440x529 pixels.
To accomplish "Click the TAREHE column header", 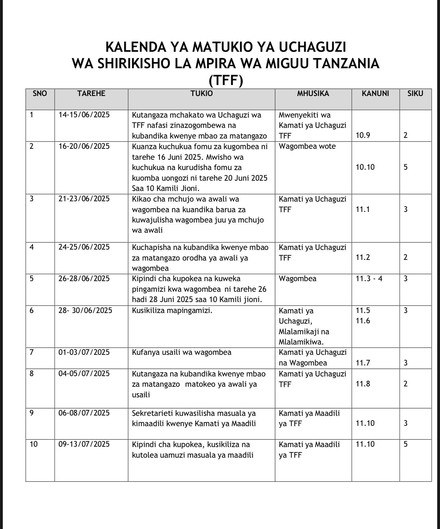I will (x=91, y=94).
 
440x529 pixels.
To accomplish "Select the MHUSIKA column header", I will (x=313, y=94).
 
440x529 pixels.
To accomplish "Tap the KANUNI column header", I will (x=375, y=94).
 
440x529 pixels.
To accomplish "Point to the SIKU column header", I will (x=415, y=94).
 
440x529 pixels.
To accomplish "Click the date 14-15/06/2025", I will (x=84, y=115).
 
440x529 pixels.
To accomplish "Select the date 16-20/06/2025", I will (x=84, y=146).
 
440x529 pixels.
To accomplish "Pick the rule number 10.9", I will (x=363, y=135).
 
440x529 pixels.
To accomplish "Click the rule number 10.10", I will (x=365, y=167).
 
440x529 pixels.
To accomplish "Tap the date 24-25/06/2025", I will (x=84, y=247).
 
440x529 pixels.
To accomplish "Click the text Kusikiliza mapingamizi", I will (x=172, y=311).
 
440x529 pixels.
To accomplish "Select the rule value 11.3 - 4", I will (x=369, y=278).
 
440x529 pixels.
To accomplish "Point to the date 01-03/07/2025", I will (x=84, y=352).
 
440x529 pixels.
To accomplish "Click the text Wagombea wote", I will (x=307, y=146).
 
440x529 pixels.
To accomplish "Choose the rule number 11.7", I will (x=363, y=363).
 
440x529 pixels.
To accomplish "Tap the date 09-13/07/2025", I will (x=84, y=445).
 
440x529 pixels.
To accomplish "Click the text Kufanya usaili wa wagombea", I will (x=182, y=352).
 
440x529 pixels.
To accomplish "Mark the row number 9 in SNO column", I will (x=32, y=413).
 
